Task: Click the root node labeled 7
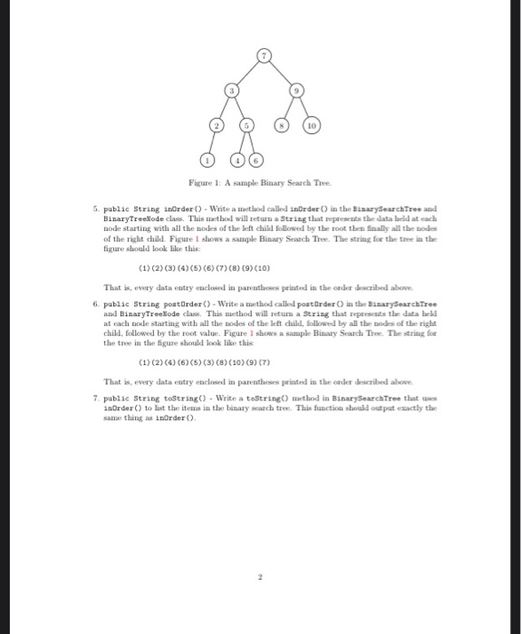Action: (264, 56)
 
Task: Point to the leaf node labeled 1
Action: (205, 161)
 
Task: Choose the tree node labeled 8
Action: (283, 126)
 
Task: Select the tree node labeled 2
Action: (215, 126)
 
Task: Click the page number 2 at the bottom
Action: (261, 577)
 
